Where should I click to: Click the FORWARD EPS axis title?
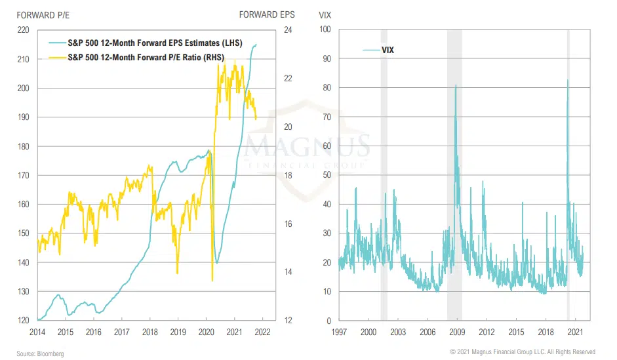click(267, 14)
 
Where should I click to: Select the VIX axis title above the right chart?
click(325, 14)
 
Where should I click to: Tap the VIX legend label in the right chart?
click(388, 50)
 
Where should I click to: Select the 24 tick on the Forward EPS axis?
click(287, 30)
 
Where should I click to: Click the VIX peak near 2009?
click(456, 85)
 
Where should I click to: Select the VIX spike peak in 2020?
click(567, 80)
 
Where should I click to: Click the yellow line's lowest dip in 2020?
click(212, 281)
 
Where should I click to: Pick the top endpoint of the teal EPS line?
click(256, 44)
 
